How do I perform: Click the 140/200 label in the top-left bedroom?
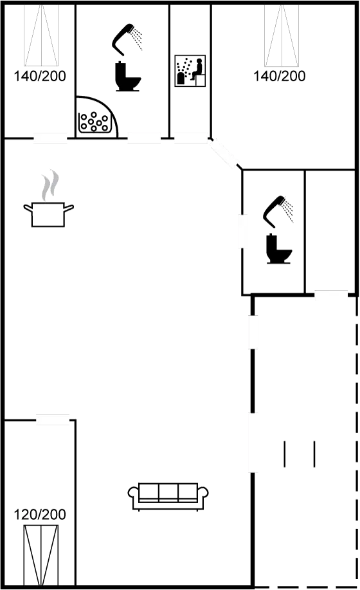point(39,77)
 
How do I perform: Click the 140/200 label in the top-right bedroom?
point(279,77)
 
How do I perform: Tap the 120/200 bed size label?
point(39,514)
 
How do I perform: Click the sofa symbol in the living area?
point(168,496)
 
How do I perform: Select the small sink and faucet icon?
point(190,71)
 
